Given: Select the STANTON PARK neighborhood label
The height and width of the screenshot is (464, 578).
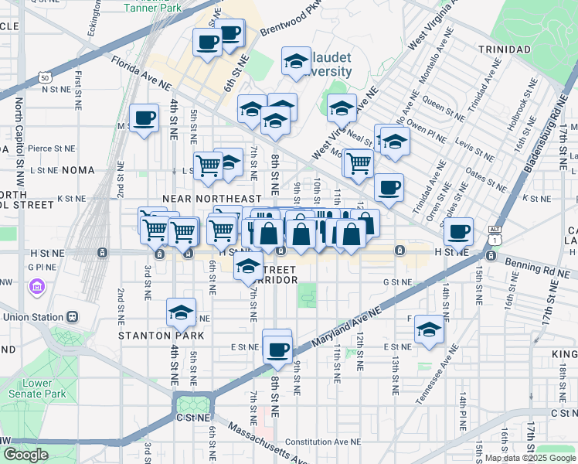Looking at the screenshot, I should [x=161, y=336].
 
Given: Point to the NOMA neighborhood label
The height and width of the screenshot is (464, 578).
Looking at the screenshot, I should [x=79, y=170].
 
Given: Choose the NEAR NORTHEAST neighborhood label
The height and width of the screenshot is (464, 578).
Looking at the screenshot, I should [x=207, y=199].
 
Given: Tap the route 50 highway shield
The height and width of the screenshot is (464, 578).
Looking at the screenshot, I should [x=46, y=78].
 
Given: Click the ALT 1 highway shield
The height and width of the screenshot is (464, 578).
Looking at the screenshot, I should [x=495, y=235].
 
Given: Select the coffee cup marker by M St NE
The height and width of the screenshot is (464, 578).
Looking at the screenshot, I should [x=144, y=118].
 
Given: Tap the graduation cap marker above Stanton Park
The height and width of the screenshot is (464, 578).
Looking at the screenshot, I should [x=181, y=313].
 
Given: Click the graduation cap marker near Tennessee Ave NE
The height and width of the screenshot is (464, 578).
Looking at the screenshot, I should [x=430, y=329].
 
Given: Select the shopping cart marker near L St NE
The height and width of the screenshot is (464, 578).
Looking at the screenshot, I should [x=208, y=165].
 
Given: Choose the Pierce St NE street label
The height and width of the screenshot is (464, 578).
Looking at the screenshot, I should [x=51, y=148].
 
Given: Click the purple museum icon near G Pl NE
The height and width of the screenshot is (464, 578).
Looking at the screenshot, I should [x=36, y=288].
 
